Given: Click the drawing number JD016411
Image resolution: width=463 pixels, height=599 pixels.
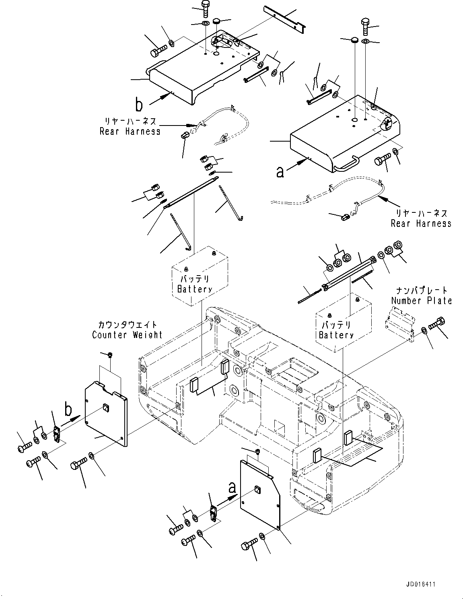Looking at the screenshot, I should pos(420,584).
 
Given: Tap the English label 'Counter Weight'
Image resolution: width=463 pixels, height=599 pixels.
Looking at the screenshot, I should pos(127,335).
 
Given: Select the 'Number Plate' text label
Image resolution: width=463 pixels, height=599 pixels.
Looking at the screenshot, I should pos(421,301).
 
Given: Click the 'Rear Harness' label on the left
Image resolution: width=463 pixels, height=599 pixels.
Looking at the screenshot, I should pos(130,131).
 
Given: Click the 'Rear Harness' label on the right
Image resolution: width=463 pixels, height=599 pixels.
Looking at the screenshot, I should pos(421,223).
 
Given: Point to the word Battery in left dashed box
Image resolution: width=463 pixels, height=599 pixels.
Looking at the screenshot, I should pos(195,289).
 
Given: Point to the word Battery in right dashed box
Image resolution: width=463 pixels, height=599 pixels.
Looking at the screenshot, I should pos(336,335).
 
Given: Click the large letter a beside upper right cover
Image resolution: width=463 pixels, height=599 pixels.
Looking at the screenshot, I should pos(280,172).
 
